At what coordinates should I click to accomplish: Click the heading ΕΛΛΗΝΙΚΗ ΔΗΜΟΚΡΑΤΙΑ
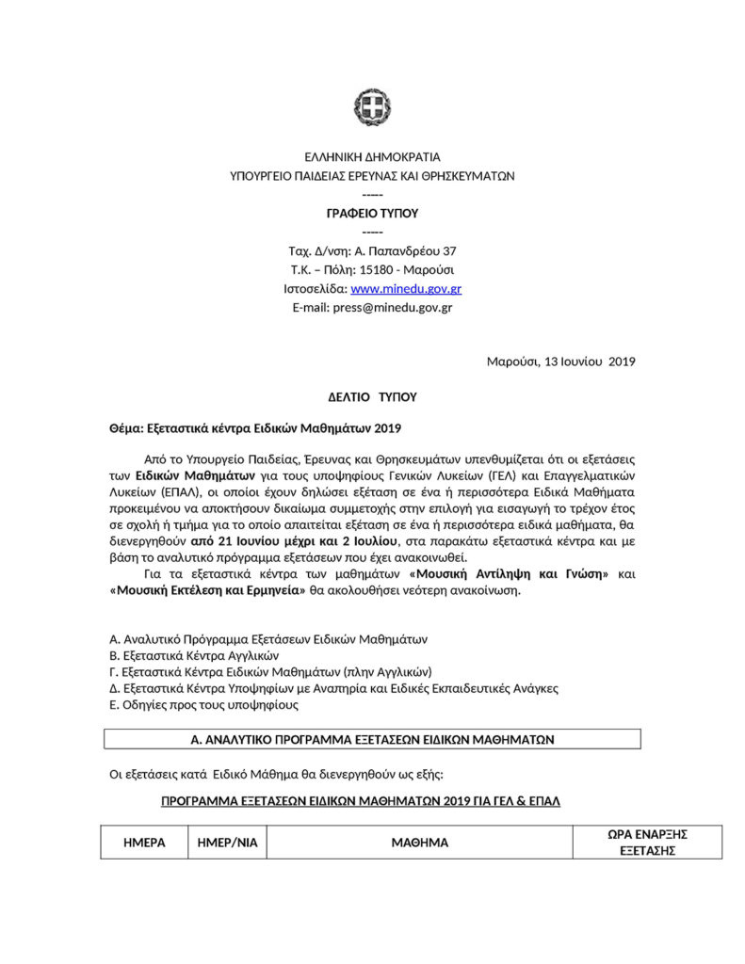click(372, 157)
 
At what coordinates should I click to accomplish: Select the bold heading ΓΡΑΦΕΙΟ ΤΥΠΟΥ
click(372, 214)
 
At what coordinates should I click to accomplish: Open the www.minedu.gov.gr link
click(406, 289)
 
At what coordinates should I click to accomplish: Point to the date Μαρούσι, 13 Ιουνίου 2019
click(560, 361)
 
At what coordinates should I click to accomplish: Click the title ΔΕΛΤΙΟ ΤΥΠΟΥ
click(372, 397)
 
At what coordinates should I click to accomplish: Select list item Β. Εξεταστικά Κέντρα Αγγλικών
click(195, 655)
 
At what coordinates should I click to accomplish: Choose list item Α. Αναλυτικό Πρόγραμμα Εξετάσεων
click(268, 639)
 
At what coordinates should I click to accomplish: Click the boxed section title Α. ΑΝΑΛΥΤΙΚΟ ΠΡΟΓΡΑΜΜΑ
click(372, 740)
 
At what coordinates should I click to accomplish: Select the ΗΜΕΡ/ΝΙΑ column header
click(227, 843)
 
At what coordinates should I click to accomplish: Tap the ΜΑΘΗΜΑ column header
click(419, 843)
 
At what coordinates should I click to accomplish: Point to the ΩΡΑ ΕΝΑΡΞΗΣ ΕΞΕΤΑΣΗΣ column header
click(648, 842)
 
